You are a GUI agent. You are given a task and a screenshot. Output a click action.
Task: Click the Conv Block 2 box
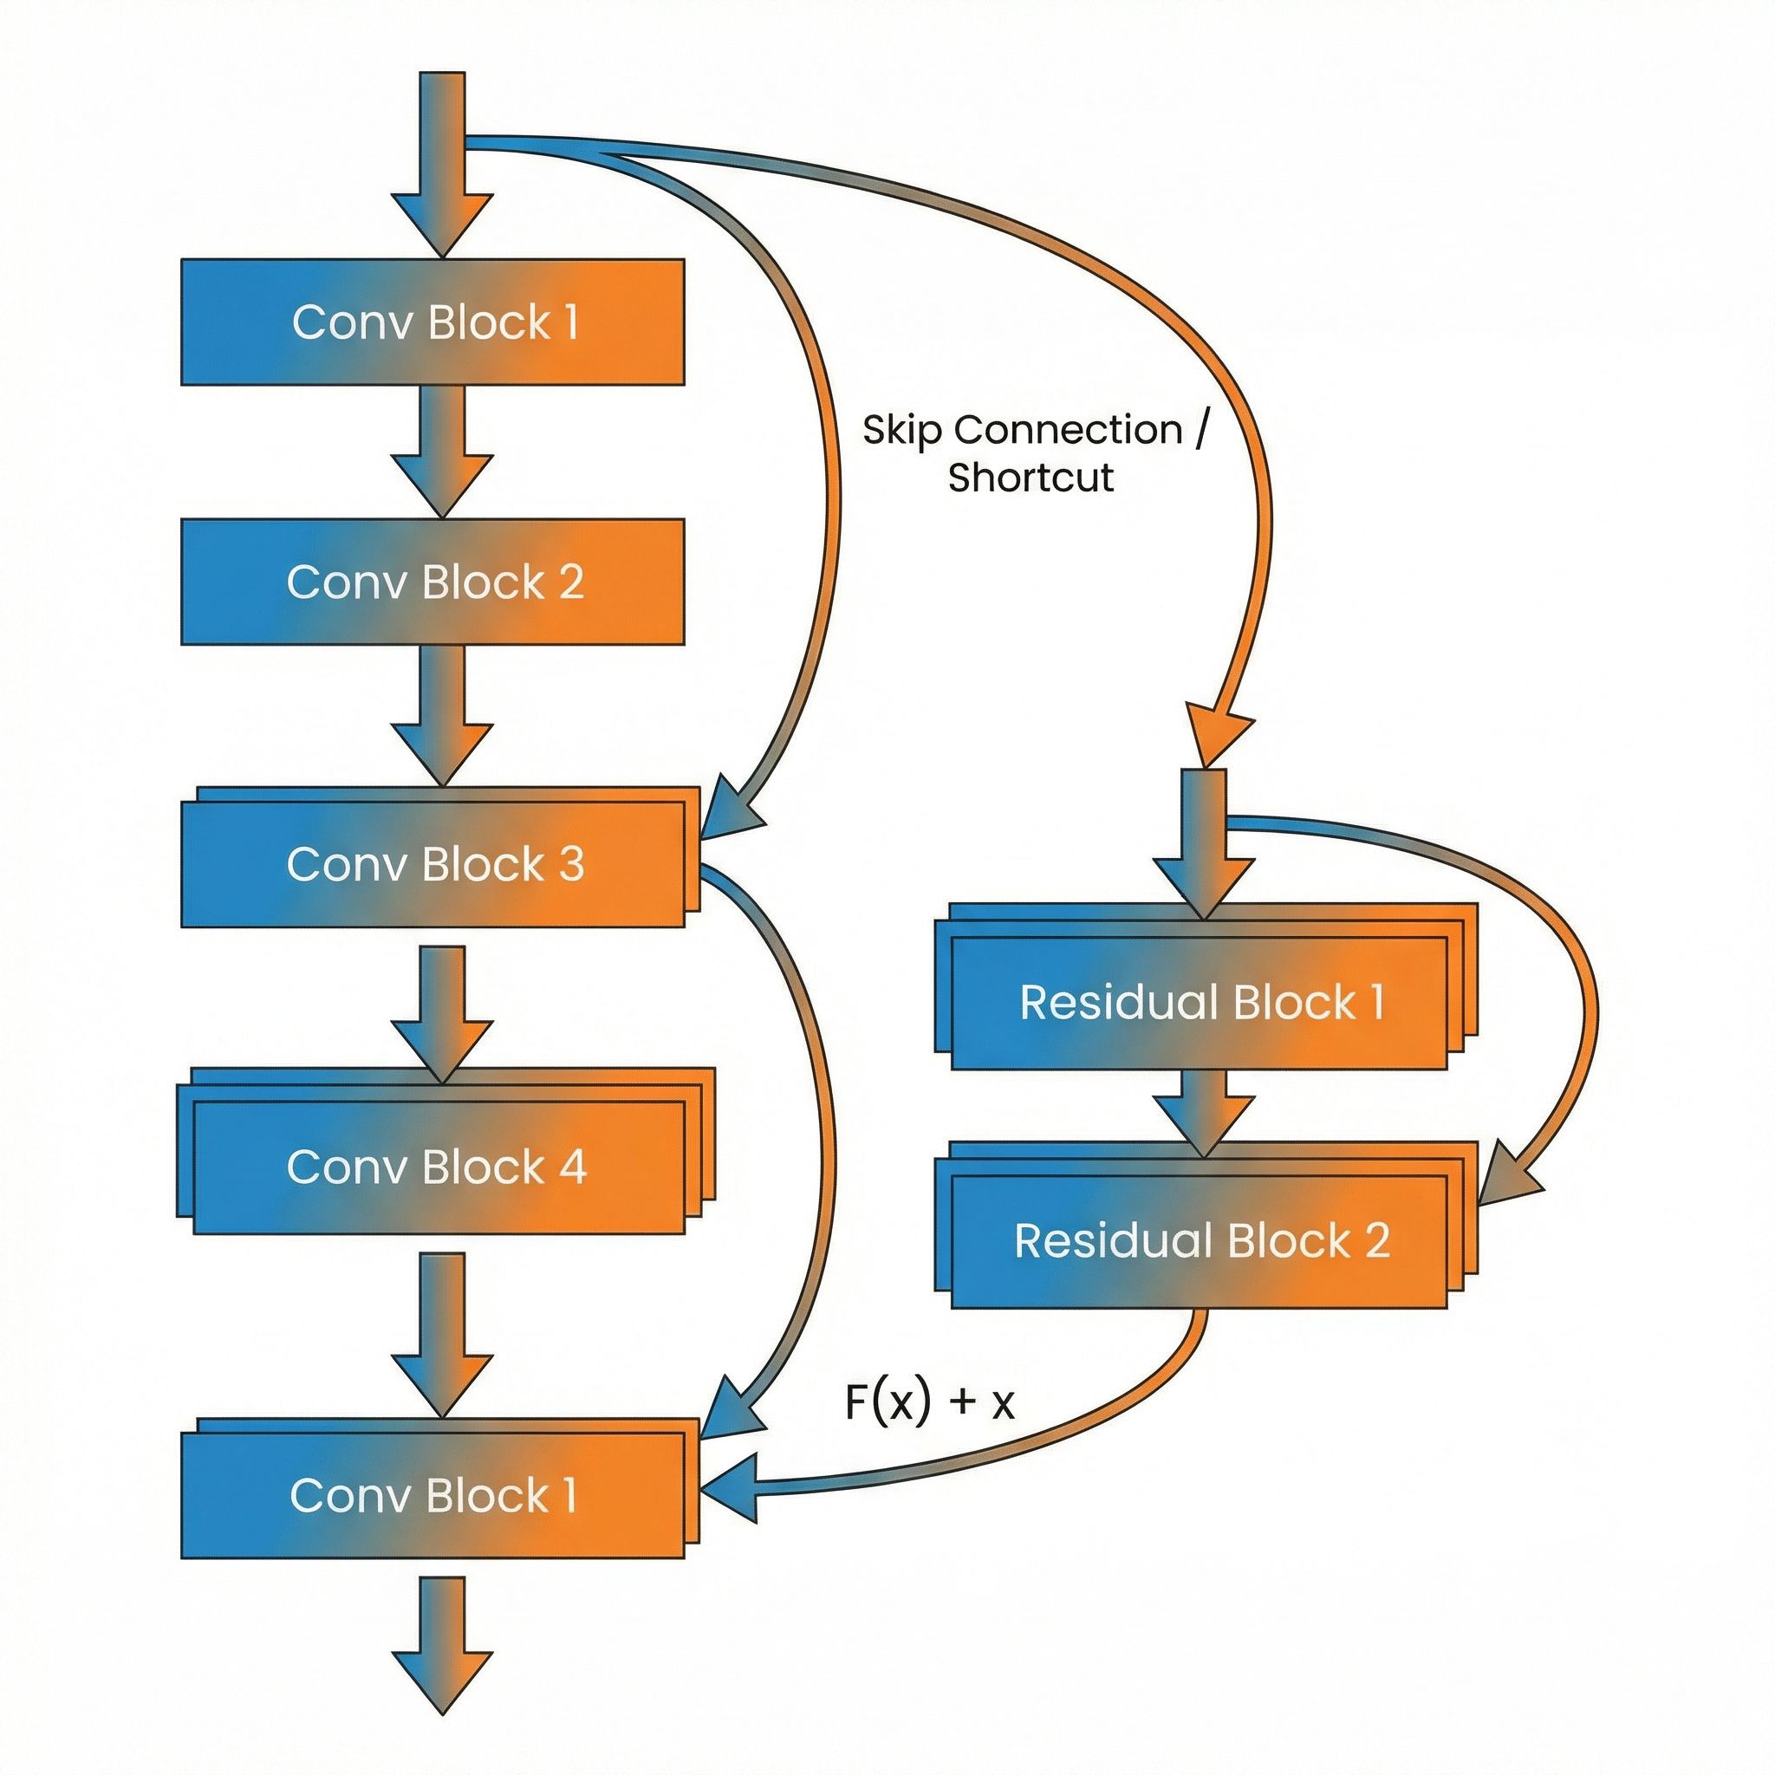pyautogui.click(x=432, y=582)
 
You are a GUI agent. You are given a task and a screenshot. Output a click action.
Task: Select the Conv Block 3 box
pyautogui.click(x=432, y=863)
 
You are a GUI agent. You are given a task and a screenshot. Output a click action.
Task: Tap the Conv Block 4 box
pyautogui.click(x=437, y=1167)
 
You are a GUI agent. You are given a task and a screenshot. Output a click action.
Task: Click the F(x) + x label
pyautogui.click(x=929, y=1403)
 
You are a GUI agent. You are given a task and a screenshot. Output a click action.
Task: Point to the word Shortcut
pyautogui.click(x=1031, y=478)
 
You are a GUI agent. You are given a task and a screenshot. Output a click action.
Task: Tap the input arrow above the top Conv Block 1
pyautogui.click(x=442, y=166)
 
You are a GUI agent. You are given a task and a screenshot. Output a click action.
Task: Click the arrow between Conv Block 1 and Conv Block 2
pyautogui.click(x=442, y=450)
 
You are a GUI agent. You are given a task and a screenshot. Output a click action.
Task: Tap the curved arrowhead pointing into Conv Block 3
pyautogui.click(x=731, y=809)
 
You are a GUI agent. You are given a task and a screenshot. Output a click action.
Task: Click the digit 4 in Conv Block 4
pyautogui.click(x=571, y=1167)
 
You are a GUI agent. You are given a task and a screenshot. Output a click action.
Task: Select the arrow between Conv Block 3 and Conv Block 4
pyautogui.click(x=442, y=1011)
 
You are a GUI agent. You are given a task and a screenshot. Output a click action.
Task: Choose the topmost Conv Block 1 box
pyautogui.click(x=432, y=322)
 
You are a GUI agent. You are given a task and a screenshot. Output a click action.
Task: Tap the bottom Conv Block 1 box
pyautogui.click(x=432, y=1496)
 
